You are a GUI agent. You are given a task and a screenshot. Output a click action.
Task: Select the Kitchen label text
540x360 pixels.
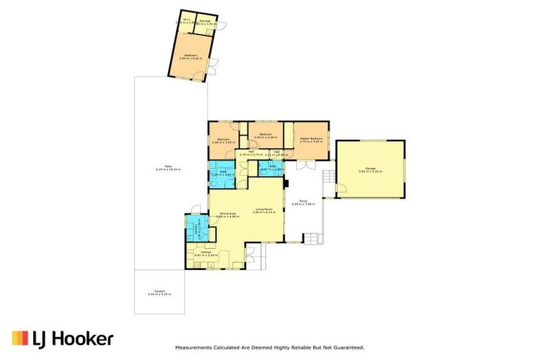pos(206,252)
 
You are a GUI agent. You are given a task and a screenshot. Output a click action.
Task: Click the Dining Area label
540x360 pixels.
pos(227,214)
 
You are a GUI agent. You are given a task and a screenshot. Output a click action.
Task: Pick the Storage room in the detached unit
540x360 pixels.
pos(205,22)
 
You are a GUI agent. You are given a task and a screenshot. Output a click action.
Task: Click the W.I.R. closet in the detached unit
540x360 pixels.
pos(185,22)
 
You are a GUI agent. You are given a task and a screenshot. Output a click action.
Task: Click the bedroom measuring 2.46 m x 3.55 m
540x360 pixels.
pos(223,141)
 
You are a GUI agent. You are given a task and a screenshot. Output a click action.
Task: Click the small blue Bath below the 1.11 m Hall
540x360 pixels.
pos(271,169)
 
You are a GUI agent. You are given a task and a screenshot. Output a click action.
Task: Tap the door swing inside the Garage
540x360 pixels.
pos(342,188)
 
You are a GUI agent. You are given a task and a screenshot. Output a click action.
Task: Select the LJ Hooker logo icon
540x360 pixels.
pos(19,338)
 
